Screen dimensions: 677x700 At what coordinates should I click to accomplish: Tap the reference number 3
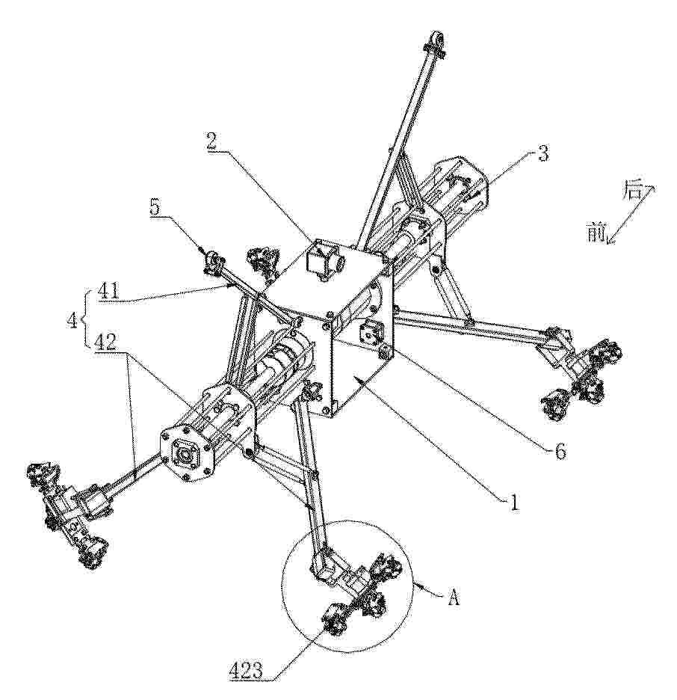[x=542, y=153]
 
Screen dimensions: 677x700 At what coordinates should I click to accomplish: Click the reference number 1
[x=514, y=503]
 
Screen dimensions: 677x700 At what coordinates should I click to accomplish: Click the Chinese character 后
[x=631, y=192]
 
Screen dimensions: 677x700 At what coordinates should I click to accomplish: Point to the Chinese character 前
[x=595, y=233]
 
